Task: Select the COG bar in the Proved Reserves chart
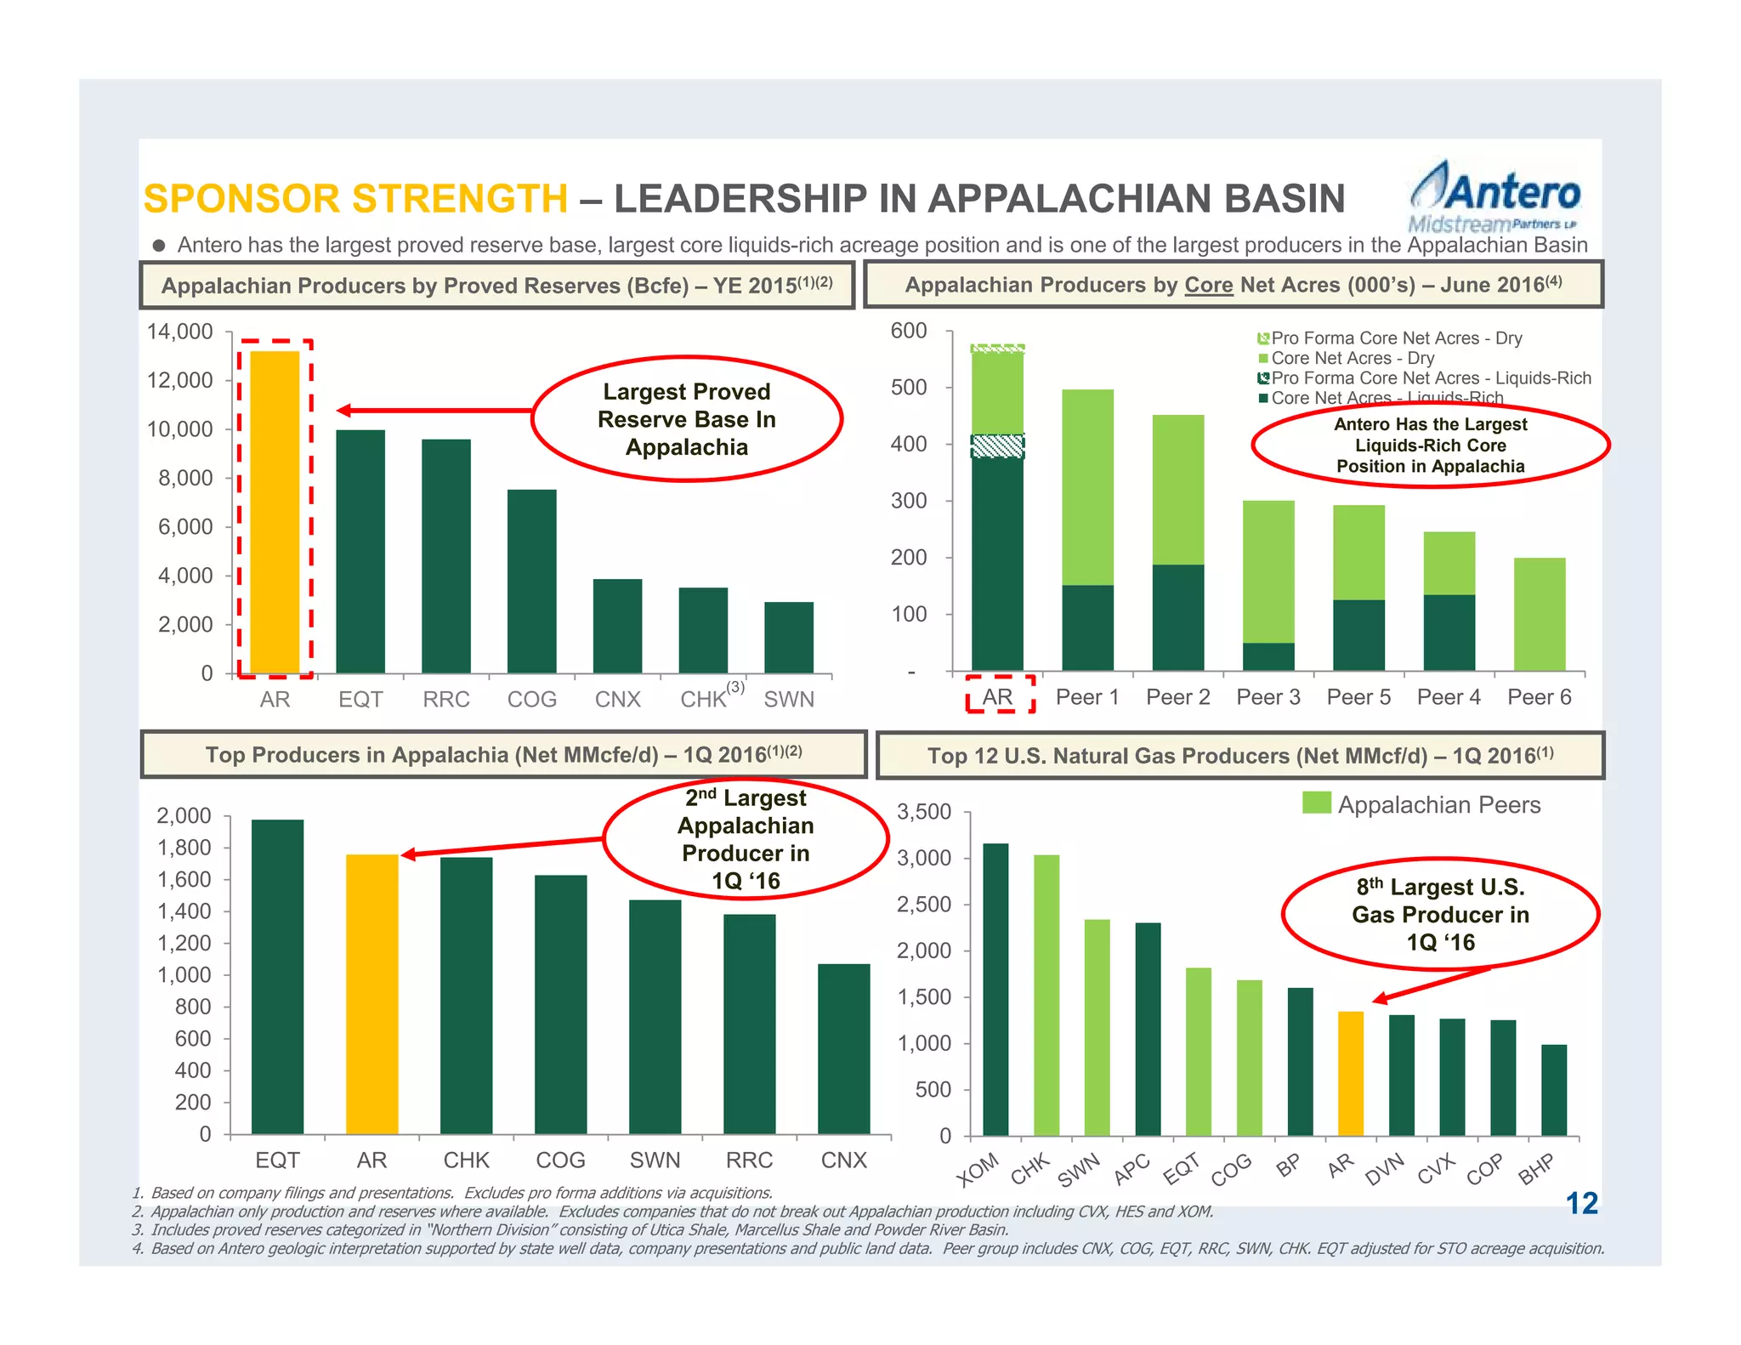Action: [532, 582]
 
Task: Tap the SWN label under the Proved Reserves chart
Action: [789, 700]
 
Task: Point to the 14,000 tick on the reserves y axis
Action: [180, 332]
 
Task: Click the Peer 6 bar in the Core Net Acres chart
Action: [1539, 614]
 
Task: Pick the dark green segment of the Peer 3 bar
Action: [1268, 656]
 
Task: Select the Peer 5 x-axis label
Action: [1358, 697]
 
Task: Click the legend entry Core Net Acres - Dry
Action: [1353, 358]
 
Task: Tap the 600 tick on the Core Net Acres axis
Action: [909, 331]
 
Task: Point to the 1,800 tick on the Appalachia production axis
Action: [184, 848]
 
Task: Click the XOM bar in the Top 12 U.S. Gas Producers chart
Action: [995, 990]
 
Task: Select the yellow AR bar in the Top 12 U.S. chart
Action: [1350, 1074]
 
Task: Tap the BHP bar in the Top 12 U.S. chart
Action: [1553, 1090]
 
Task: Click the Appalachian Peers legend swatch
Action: [1316, 803]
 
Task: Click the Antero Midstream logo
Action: [1494, 197]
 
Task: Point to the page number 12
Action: [1581, 1203]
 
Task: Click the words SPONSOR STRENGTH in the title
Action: [355, 199]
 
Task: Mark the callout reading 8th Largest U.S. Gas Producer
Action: [1440, 914]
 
